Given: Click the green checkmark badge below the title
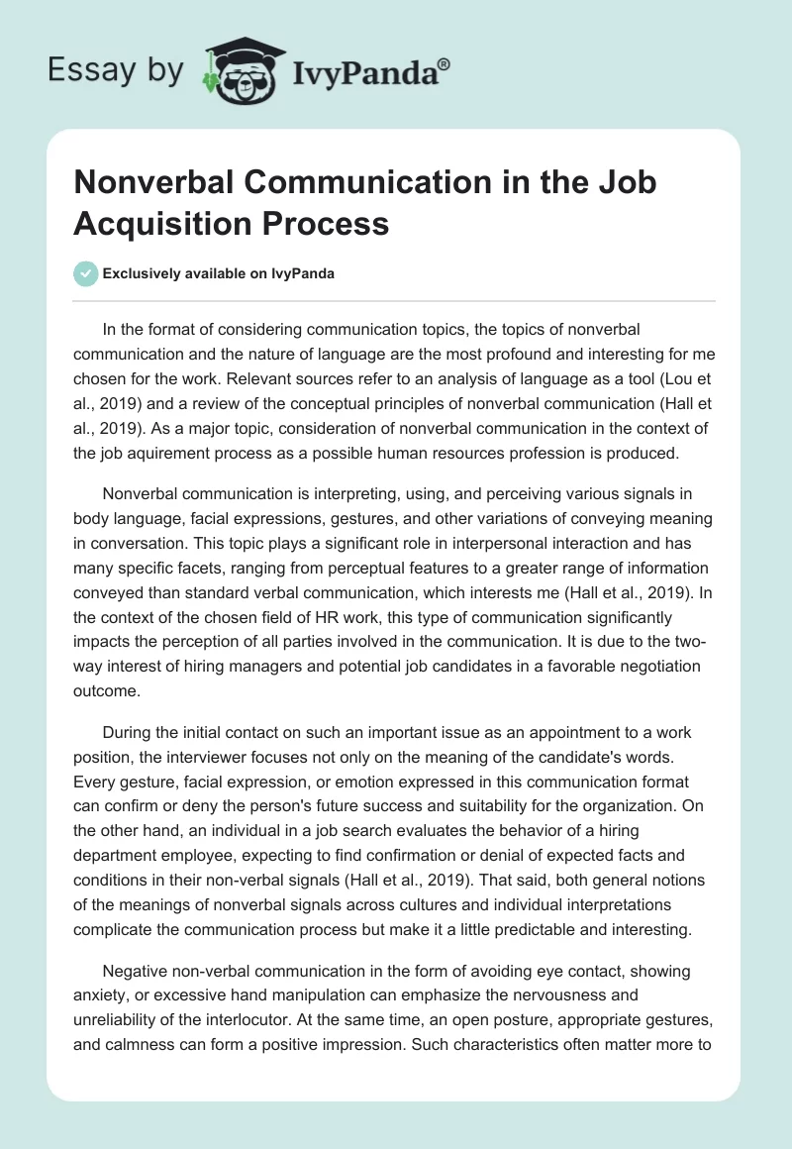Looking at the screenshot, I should [86, 273].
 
